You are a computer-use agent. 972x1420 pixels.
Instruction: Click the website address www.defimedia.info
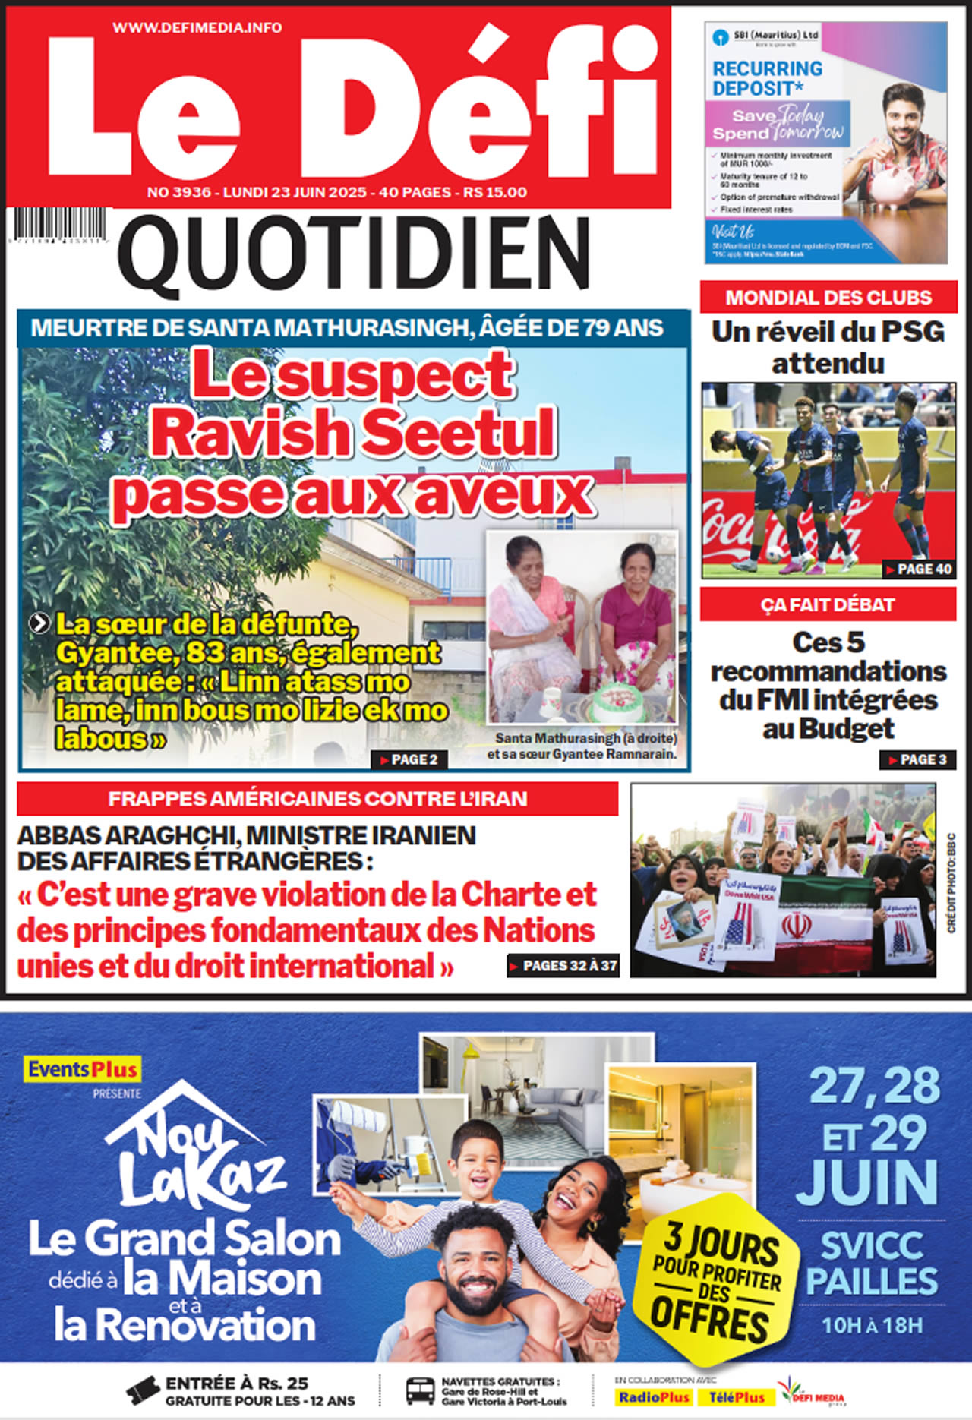[197, 27]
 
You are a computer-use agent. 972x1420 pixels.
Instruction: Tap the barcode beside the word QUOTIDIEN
[59, 226]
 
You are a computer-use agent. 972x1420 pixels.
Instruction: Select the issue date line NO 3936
[336, 192]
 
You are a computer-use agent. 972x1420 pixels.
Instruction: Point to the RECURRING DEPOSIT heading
[767, 78]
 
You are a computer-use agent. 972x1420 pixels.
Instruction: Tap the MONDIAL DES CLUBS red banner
[828, 298]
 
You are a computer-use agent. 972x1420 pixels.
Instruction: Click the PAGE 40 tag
[919, 569]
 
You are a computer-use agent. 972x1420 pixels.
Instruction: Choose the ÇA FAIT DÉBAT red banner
[828, 605]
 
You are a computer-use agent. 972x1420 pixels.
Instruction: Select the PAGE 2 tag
[409, 759]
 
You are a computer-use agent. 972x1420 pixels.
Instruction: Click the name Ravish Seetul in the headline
[353, 432]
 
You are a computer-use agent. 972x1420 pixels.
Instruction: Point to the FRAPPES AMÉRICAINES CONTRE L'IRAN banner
[317, 799]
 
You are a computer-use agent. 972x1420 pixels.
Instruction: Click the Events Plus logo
[83, 1069]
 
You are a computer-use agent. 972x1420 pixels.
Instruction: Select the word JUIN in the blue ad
[866, 1181]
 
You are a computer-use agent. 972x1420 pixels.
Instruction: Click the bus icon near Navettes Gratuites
[420, 1391]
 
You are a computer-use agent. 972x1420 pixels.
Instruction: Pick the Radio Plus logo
[654, 1397]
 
